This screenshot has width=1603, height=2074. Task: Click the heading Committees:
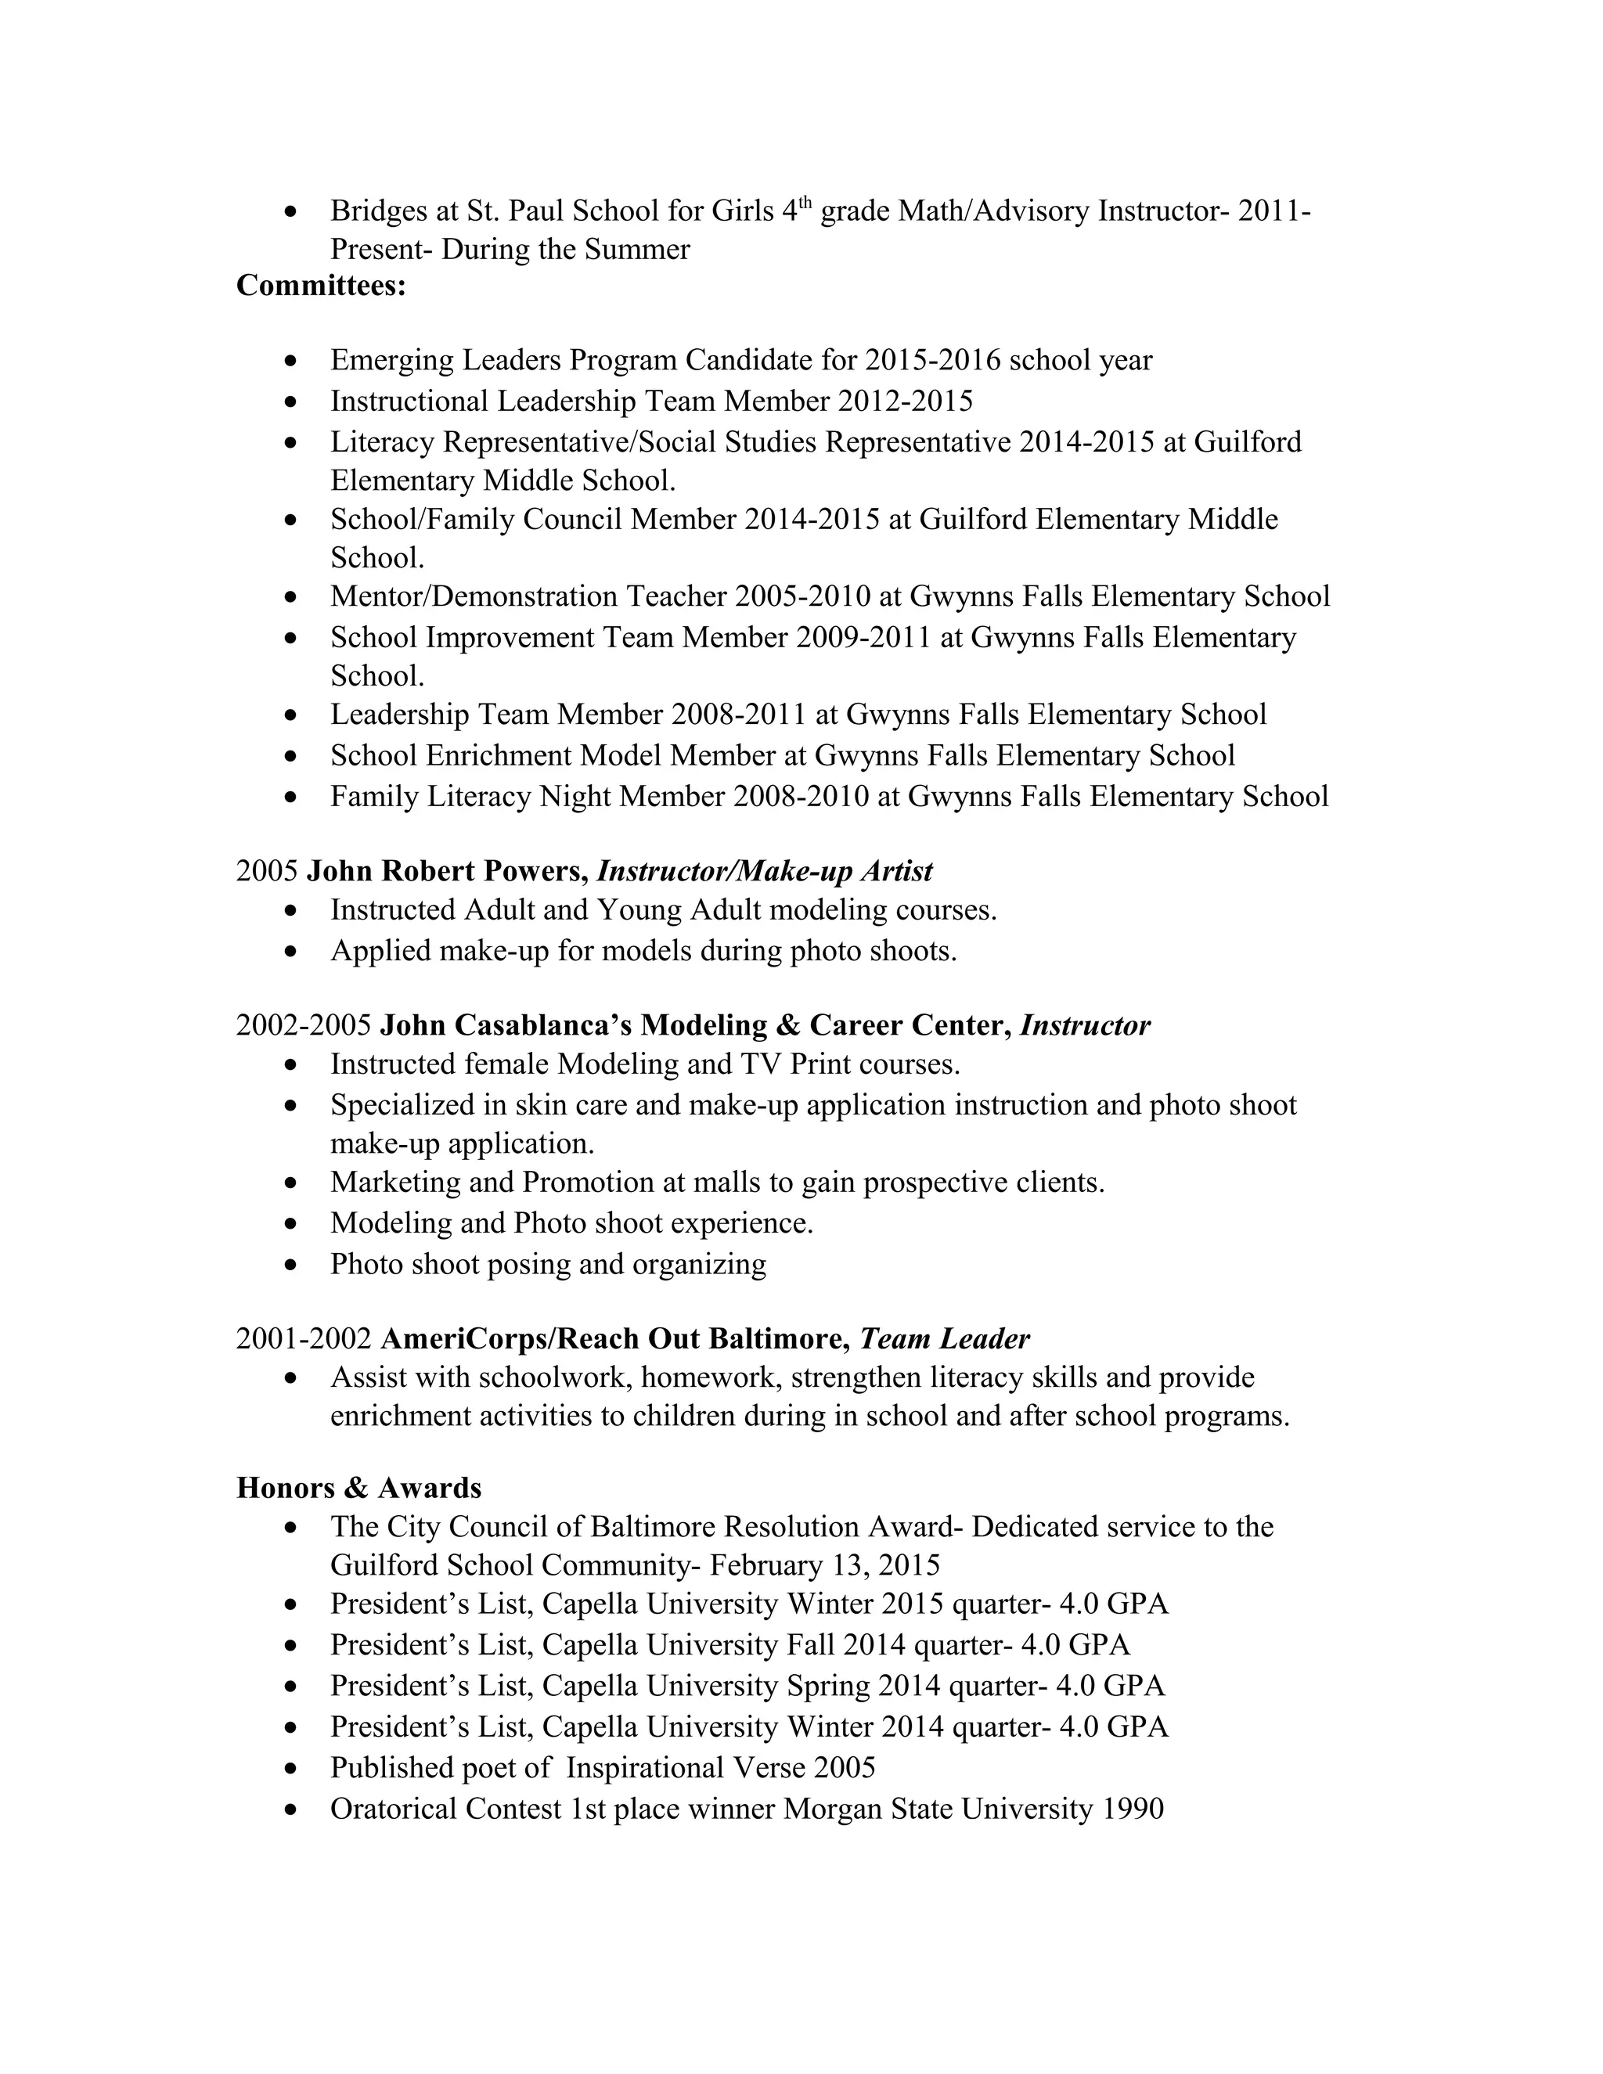(321, 285)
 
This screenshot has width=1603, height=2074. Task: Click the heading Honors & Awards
(359, 1487)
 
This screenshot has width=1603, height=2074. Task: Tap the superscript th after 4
(805, 201)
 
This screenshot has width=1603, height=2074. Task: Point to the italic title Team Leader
(945, 1338)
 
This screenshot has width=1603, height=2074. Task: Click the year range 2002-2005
(304, 1025)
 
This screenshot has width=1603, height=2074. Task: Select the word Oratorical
(393, 1809)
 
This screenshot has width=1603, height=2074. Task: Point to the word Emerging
(392, 361)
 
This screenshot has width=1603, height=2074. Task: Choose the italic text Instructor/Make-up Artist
(765, 871)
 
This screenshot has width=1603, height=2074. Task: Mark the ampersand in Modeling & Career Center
(788, 1025)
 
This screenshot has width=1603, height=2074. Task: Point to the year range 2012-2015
(905, 401)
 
